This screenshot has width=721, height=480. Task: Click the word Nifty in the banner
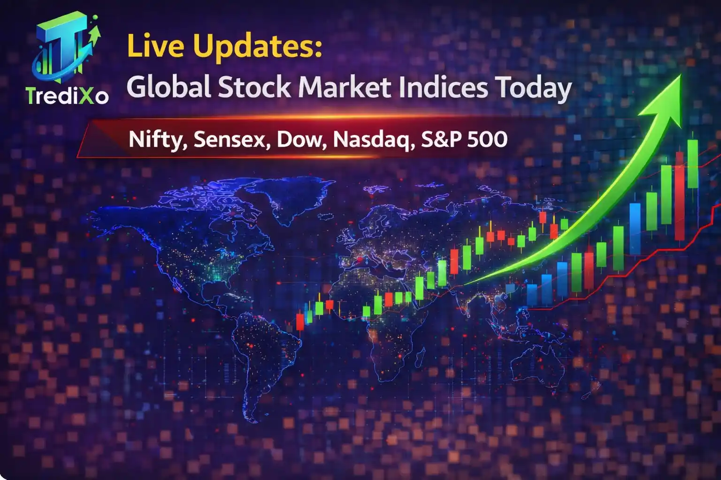pos(157,140)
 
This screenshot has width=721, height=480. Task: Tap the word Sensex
pos(230,139)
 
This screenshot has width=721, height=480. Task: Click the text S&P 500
pos(464,139)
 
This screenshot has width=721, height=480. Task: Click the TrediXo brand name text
pos(67,96)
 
